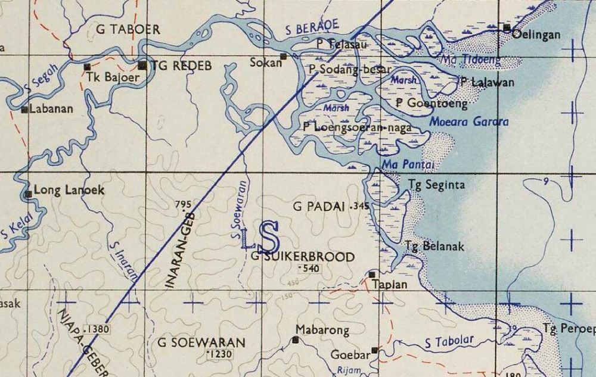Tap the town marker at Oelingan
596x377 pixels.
pos(507,27)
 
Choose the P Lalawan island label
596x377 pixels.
pos(487,83)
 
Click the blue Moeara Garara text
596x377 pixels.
pos(468,121)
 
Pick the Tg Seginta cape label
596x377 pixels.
pos(437,185)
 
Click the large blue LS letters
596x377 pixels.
pos(260,237)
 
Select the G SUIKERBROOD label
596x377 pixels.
pos(303,257)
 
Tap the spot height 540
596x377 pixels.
pos(312,269)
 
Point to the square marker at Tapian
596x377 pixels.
pos(372,275)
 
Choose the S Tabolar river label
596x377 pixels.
pos(449,341)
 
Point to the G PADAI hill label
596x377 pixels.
pos(319,207)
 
